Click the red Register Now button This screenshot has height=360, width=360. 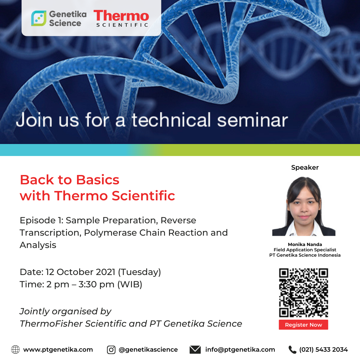(303, 325)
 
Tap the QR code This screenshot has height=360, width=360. (303, 293)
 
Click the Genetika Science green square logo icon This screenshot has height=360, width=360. (39, 18)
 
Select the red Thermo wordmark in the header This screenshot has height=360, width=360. (121, 16)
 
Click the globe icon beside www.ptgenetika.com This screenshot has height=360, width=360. (15, 349)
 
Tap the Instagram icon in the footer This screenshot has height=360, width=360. (111, 350)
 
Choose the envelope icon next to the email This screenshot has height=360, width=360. (195, 350)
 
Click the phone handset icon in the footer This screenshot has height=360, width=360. (292, 350)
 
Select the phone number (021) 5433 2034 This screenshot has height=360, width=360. (323, 350)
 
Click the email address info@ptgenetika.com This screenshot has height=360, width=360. (240, 350)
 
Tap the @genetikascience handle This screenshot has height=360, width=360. (148, 350)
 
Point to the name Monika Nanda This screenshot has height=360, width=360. (305, 244)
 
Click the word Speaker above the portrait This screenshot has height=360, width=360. (305, 167)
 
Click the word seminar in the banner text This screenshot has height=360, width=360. (252, 120)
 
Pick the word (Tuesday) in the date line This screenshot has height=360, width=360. (139, 272)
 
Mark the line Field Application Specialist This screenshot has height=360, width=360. (305, 250)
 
